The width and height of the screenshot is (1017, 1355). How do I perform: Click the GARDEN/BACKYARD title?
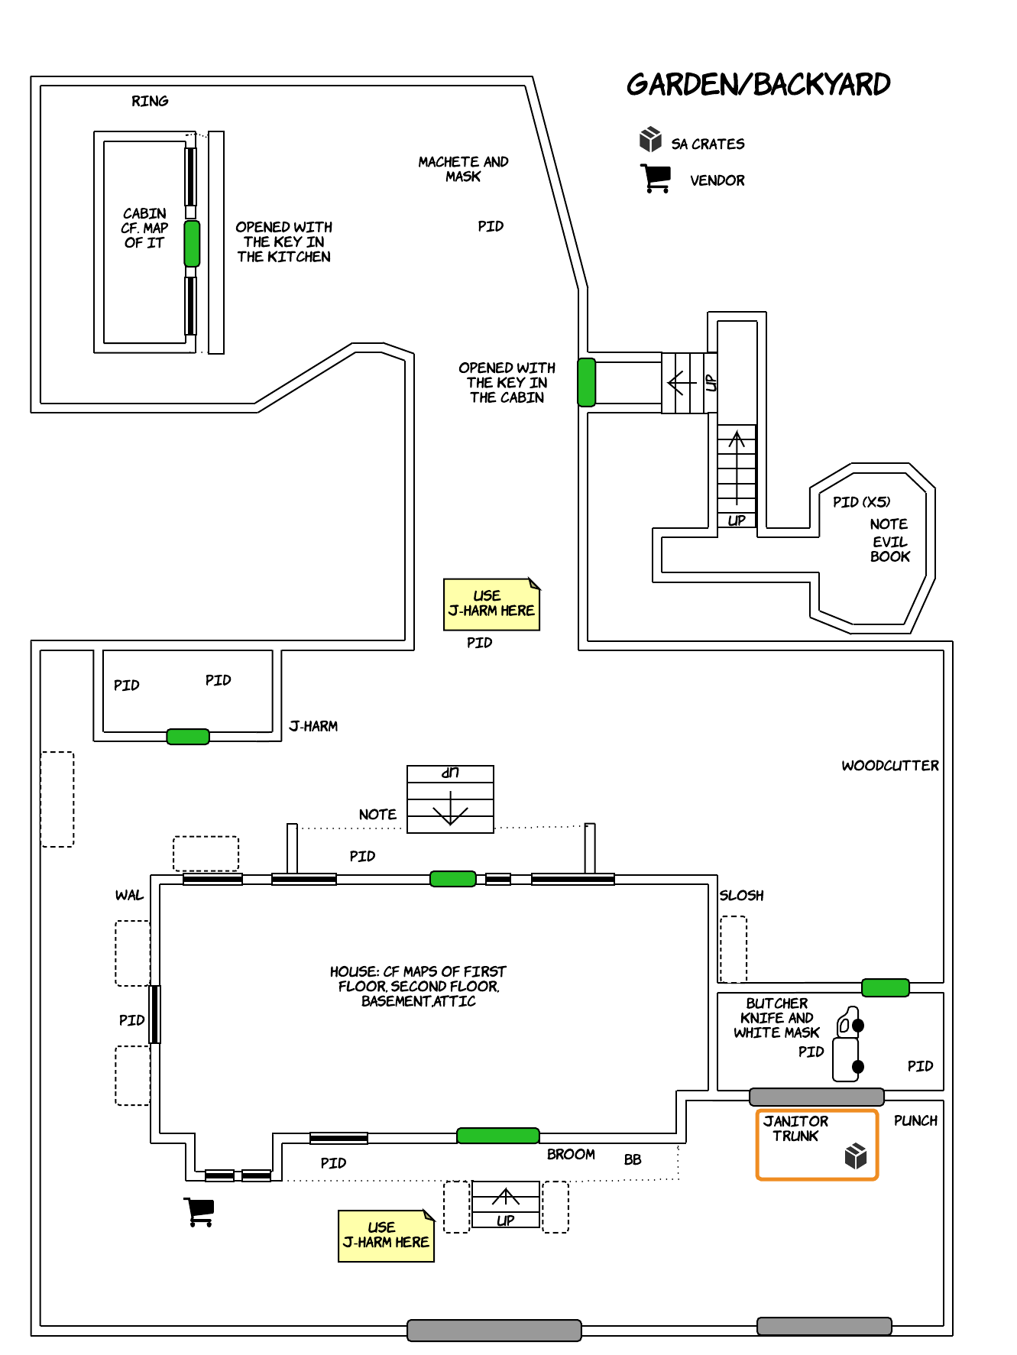758,84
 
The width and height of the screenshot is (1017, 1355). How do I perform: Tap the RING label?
150,101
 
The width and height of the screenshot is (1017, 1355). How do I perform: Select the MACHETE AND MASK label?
463,169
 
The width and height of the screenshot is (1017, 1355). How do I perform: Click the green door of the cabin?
192,243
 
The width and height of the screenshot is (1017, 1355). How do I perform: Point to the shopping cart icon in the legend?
656,178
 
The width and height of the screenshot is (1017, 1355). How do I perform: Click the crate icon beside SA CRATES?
650,139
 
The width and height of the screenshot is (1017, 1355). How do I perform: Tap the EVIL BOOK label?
890,549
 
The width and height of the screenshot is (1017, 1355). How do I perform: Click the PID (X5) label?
861,502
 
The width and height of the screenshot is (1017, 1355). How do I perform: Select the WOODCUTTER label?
890,766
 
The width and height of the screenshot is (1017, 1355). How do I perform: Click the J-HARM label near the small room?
313,726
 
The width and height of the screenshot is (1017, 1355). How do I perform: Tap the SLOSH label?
741,895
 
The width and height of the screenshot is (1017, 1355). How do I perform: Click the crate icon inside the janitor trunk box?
856,1156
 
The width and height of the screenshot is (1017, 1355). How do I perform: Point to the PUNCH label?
915,1120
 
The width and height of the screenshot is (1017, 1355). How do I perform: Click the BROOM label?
571,1154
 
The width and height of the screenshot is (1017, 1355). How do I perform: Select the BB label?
633,1159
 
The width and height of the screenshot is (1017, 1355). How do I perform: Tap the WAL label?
129,895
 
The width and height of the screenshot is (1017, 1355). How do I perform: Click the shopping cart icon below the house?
199,1211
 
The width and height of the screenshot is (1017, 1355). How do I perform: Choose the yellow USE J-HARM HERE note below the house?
386,1236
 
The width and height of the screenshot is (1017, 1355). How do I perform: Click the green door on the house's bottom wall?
497,1136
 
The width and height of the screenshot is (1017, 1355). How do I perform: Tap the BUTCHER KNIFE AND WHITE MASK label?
776,1018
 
